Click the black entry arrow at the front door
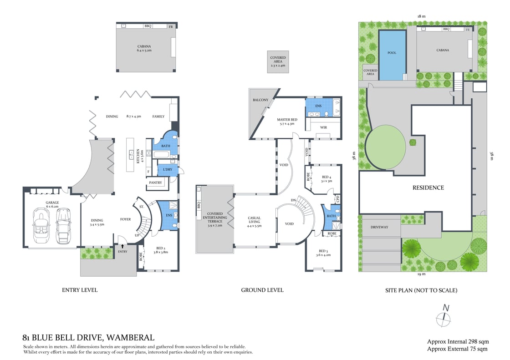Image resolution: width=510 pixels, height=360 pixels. click(x=122, y=246)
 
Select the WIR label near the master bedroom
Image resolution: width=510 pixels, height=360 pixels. click(x=324, y=127)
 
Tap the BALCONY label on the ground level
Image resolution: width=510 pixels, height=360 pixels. click(x=260, y=100)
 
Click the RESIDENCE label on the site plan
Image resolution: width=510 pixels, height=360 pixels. click(x=428, y=188)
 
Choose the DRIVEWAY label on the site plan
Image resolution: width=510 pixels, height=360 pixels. click(x=379, y=227)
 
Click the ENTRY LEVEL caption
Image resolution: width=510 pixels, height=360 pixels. click(x=80, y=290)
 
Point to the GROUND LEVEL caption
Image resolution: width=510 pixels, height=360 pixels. click(x=262, y=290)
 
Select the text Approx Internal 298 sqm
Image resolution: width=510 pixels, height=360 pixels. click(x=458, y=341)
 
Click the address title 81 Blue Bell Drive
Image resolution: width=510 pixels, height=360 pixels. click(x=88, y=338)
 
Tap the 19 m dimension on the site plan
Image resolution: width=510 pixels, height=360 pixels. click(x=421, y=274)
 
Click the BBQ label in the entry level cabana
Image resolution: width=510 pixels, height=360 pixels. click(x=148, y=26)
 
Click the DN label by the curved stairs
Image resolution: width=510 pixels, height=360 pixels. click(x=294, y=201)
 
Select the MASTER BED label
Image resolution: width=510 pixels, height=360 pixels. click(x=287, y=120)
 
